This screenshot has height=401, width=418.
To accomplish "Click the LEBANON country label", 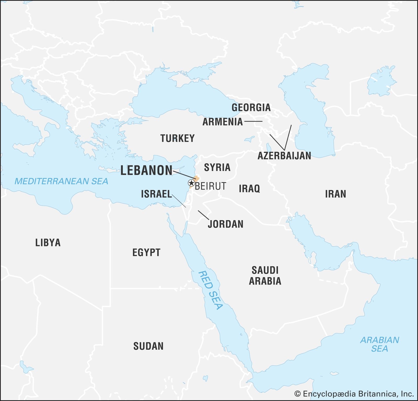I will pos(146,170).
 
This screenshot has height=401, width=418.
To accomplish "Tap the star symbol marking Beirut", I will pos(191,183).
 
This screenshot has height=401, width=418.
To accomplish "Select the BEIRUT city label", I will pos(211,186).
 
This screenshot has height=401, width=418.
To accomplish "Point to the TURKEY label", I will pos(177,138).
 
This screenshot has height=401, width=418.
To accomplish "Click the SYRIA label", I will pos(217,167).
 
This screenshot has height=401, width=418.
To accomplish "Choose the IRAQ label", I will pos(249,188).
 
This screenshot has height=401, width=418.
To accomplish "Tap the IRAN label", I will pos(335,194).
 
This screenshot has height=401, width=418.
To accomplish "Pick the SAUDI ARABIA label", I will pos(265,276).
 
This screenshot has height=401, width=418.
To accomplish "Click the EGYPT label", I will pos(146,253).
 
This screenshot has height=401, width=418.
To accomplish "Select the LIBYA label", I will pos(48,243).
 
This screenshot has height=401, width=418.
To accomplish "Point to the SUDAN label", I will pos(148,346).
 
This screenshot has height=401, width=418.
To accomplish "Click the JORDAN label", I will pos(225,224).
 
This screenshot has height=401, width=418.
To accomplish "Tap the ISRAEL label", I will pos(156,194).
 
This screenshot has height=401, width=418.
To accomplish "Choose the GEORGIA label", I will pos(251,107).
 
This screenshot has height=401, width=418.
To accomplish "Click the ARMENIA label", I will pos(223,122).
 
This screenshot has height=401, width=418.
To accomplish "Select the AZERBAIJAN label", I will pos(284,156).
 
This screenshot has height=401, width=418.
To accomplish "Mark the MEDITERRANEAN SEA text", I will pos(61,181).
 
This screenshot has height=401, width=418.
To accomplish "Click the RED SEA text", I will pos(210,290).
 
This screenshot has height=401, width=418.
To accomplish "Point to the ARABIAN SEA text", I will pos(380,344).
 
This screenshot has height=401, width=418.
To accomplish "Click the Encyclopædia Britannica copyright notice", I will pos(354,394).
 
